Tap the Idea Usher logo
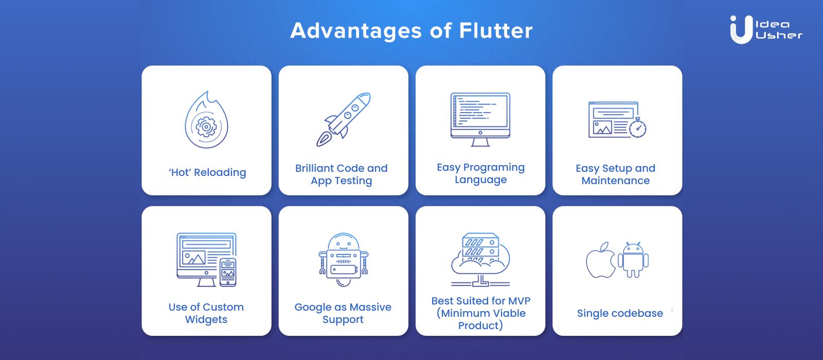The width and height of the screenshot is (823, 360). (765, 29)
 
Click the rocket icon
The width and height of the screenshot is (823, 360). (343, 119)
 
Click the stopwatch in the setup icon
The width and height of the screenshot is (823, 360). (638, 128)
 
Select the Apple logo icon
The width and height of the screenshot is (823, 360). (600, 260)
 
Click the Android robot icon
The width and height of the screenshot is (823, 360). (633, 260)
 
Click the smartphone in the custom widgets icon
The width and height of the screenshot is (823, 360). (228, 272)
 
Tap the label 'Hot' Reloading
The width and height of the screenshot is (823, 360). (207, 172)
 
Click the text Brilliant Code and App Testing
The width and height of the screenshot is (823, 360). (342, 174)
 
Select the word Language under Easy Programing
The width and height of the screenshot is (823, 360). (480, 180)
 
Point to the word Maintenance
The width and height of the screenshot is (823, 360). (616, 181)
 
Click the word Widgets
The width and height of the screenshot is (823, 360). (206, 319)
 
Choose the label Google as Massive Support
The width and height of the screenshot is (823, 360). (343, 313)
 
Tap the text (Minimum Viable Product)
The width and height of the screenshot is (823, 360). (480, 319)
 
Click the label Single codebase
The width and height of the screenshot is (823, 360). (620, 313)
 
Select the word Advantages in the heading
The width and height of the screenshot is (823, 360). (355, 31)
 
